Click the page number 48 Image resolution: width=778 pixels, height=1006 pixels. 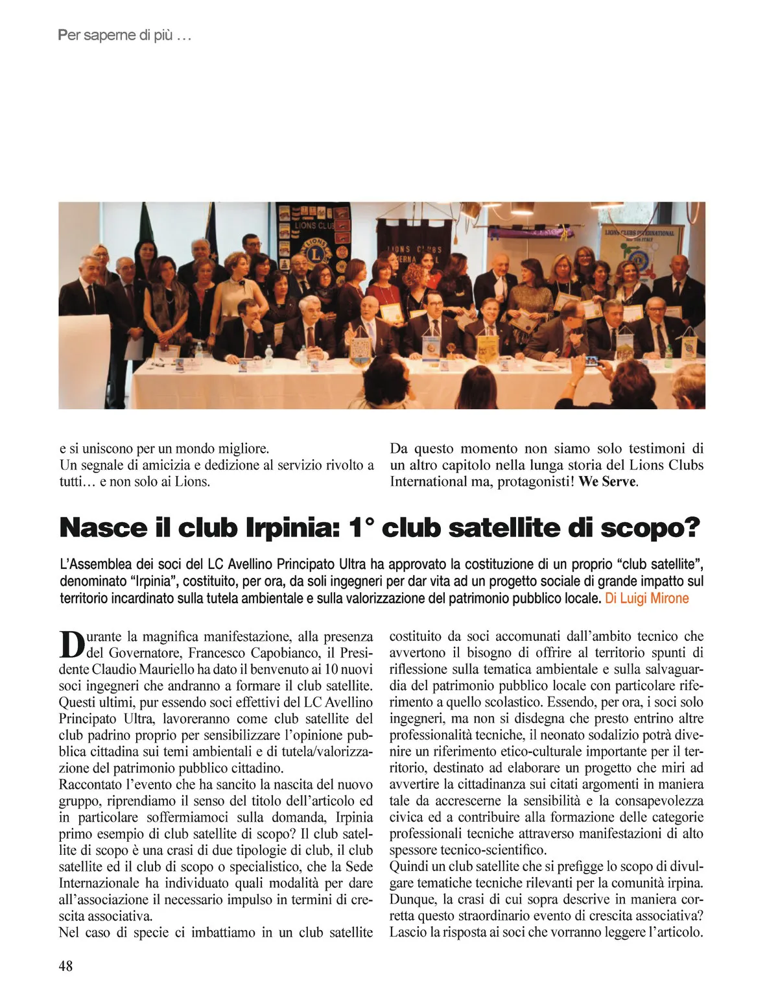point(65,966)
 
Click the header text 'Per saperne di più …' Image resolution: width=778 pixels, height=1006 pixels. point(124,35)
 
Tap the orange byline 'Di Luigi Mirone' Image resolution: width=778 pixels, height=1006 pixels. point(646,598)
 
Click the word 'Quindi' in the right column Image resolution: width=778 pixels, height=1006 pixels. point(409,866)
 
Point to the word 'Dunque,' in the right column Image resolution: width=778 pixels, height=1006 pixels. point(412,899)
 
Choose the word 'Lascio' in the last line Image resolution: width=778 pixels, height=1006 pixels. point(408,932)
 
